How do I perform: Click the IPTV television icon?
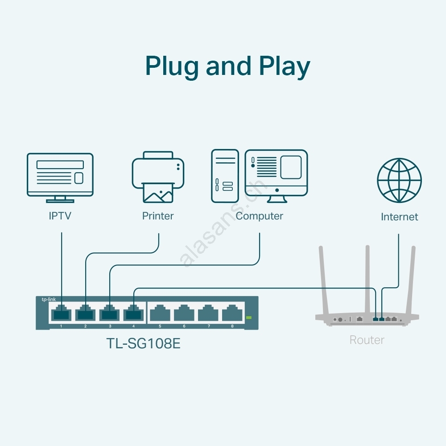coord(60,175)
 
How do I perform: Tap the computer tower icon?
coord(225,176)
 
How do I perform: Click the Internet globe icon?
coord(399,180)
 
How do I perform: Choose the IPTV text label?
coord(60,216)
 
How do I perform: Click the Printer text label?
coord(158,216)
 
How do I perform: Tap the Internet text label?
coord(399,217)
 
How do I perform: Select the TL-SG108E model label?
coord(143,344)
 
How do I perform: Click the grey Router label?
coord(367,340)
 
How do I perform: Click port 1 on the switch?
coord(61,313)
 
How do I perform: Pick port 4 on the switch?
coord(133,313)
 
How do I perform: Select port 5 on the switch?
coord(160,313)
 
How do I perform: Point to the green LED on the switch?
coord(249,318)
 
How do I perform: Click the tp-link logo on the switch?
coord(49,300)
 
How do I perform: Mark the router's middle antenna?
coord(368,277)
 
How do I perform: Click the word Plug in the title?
coord(172,67)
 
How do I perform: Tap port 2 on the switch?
coord(85,313)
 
